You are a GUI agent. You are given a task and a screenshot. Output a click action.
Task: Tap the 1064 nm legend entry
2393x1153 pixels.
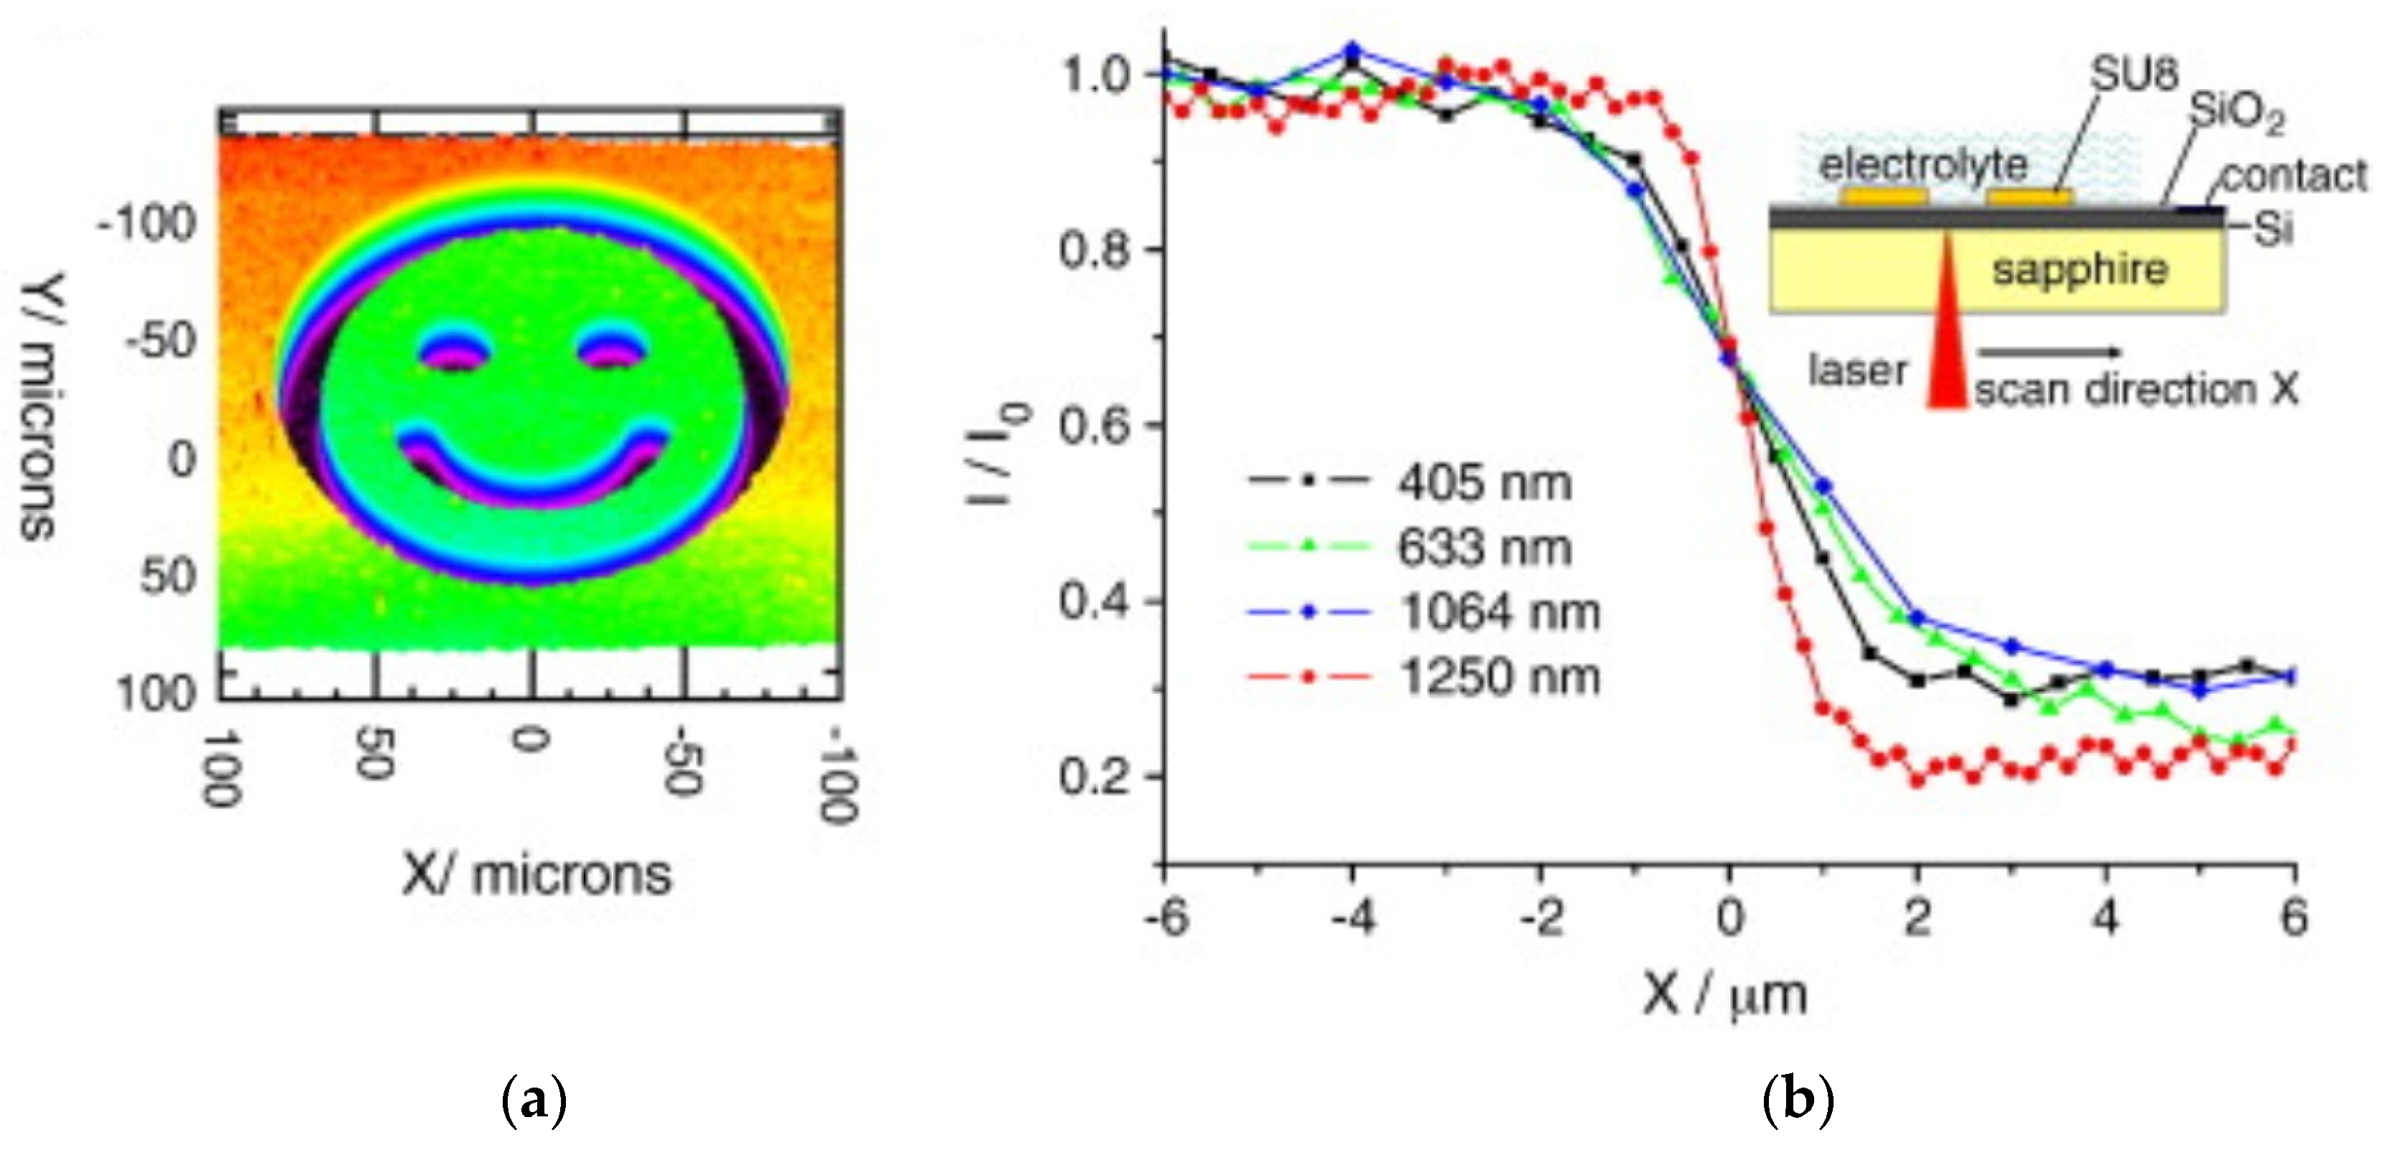pos(1497,612)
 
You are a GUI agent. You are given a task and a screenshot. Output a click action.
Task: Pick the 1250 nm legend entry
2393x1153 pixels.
pos(1497,677)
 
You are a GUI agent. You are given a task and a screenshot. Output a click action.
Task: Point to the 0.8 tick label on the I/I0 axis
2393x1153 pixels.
pos(1097,249)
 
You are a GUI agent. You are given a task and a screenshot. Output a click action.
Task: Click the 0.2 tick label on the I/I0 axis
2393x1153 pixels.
pos(1097,776)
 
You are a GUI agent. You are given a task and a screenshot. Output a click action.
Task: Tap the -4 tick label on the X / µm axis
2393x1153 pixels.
pos(1352,918)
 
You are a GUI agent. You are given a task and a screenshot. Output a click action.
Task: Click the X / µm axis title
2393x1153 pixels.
pos(1724,996)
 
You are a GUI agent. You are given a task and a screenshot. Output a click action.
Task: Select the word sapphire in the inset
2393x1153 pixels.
pos(2079,270)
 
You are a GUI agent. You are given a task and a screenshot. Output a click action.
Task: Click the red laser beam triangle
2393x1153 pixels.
pos(1946,353)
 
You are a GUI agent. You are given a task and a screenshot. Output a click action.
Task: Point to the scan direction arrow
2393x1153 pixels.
pos(2048,352)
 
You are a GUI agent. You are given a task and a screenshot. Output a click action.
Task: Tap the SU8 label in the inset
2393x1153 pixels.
pos(2133,74)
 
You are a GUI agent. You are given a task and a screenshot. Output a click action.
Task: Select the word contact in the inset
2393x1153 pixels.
pos(2294,175)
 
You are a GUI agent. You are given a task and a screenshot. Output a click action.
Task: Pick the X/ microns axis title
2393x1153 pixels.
pos(536,875)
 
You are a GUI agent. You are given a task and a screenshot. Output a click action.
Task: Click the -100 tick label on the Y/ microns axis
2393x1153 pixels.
pos(149,225)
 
